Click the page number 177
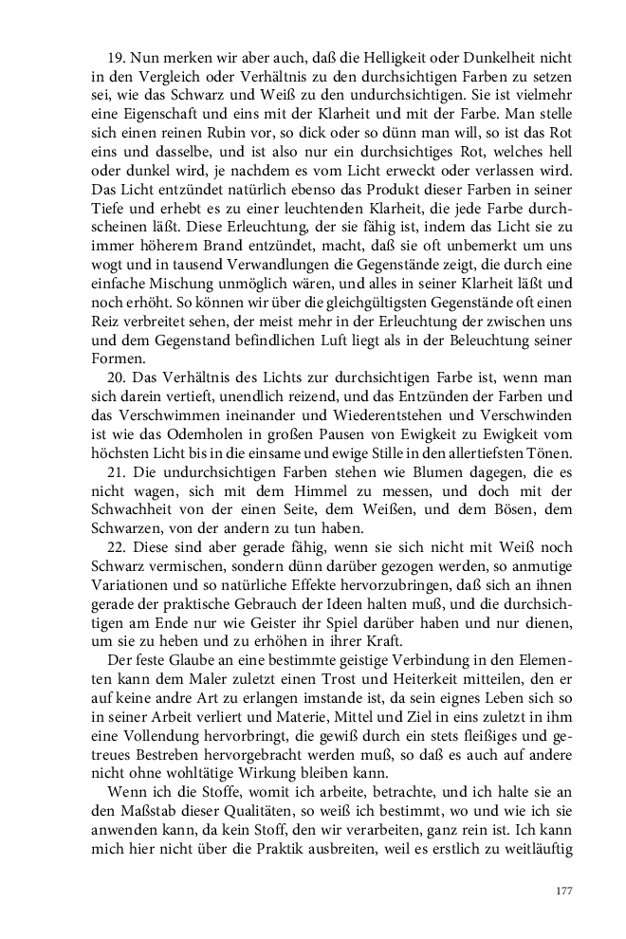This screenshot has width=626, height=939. [x=564, y=891]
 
